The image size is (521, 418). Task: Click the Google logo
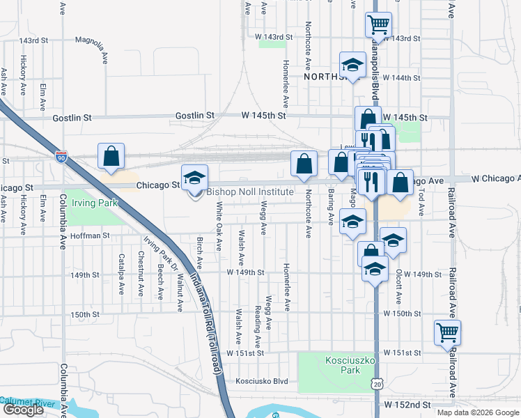coord(23,410)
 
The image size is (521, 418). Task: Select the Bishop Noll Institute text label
coord(250,192)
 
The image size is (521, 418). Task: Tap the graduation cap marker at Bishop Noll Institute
coord(194,177)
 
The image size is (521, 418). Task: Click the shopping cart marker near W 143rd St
coord(378,25)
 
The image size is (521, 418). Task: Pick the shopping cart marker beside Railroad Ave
coord(447,332)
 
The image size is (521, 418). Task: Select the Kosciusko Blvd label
coord(261,381)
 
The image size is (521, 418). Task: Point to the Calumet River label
coord(28,401)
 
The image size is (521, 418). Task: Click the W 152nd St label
coord(409,404)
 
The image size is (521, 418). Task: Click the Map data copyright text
coord(478,412)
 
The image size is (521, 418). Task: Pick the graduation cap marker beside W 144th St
coord(352,65)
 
